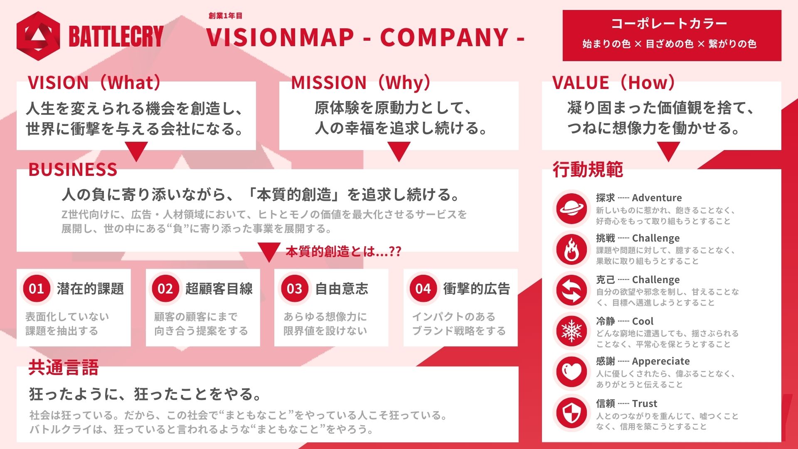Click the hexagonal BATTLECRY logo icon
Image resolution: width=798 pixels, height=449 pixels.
(38, 36)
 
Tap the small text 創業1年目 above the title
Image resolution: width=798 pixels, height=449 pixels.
(225, 16)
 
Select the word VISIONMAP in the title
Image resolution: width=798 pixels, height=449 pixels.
(280, 37)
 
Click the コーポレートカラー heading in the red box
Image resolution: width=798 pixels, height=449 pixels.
(669, 24)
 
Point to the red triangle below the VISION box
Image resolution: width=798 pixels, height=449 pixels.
(136, 151)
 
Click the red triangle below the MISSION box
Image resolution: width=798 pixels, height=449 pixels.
(399, 151)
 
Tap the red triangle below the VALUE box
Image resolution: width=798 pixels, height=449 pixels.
(668, 151)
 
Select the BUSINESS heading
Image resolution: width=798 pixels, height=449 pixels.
(73, 170)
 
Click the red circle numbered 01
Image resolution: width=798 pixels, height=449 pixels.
(37, 289)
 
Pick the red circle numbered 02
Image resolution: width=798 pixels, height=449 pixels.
(165, 289)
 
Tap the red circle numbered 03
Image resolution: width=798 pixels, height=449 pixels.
(294, 289)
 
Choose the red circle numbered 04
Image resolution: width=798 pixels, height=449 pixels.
(423, 289)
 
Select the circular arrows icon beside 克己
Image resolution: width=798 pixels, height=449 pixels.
(571, 290)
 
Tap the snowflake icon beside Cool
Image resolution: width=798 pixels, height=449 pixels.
(571, 331)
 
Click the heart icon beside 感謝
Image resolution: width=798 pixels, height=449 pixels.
(571, 371)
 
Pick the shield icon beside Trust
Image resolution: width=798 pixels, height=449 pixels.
(571, 413)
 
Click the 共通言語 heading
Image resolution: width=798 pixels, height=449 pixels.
(64, 368)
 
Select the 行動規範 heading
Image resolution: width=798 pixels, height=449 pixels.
(588, 170)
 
